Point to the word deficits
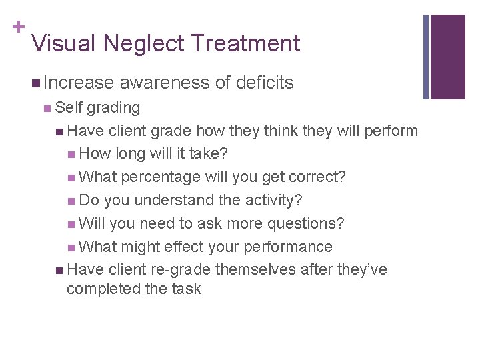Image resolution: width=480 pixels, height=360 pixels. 264,83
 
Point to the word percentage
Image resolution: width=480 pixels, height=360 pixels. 161,177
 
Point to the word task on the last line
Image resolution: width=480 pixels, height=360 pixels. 187,289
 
